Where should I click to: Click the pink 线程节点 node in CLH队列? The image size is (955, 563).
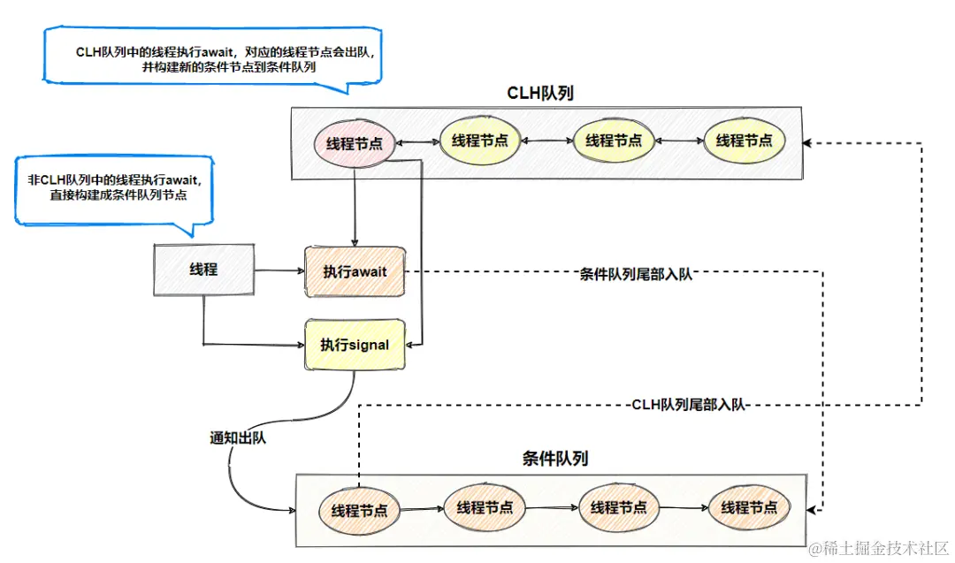click(354, 143)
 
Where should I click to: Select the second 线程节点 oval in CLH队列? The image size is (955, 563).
click(480, 141)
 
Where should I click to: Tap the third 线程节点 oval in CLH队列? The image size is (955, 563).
click(613, 141)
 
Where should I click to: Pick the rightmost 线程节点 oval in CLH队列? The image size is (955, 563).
click(744, 141)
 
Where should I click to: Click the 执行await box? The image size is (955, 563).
click(354, 272)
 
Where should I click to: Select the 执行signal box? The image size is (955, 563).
click(354, 345)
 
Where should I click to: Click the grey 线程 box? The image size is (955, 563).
click(203, 270)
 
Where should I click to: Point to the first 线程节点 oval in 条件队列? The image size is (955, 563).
click(359, 511)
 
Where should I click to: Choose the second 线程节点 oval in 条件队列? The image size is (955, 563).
click(485, 507)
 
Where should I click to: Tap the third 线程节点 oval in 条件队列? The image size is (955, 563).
click(618, 507)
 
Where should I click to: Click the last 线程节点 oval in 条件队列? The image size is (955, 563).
click(748, 507)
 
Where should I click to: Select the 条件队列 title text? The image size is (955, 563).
click(555, 459)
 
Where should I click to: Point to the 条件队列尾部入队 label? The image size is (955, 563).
click(636, 274)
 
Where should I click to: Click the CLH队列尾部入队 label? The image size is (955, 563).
click(689, 405)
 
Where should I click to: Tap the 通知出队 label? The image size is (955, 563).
click(238, 438)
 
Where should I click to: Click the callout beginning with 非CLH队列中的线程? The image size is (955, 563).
click(115, 188)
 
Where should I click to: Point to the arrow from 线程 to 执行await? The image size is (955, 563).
click(279, 271)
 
